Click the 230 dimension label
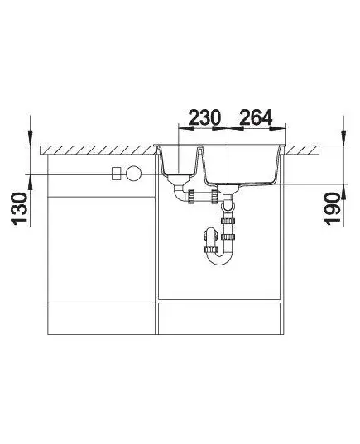[x=204, y=117]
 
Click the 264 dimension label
[x=256, y=117]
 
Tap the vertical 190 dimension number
[x=331, y=209]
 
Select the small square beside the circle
[x=117, y=174]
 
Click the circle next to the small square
[x=133, y=174]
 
